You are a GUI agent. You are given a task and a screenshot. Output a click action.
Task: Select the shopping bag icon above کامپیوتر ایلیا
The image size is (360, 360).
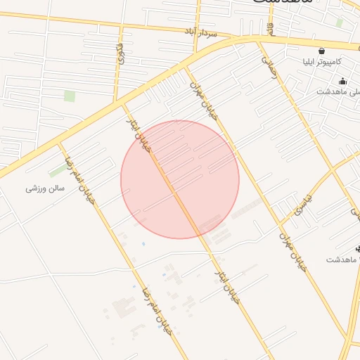click(x=321, y=51)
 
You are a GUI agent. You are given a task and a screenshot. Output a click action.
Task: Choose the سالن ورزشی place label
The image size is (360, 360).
click(x=45, y=188)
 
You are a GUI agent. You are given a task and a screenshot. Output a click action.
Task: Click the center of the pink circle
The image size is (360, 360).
click(x=180, y=179)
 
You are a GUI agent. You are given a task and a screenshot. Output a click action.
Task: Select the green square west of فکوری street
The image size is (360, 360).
click(x=69, y=96)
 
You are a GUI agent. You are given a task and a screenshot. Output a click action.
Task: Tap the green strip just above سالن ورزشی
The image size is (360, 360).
click(x=58, y=172)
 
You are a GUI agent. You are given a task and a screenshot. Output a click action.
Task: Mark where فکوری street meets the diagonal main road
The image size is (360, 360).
click(x=124, y=103)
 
